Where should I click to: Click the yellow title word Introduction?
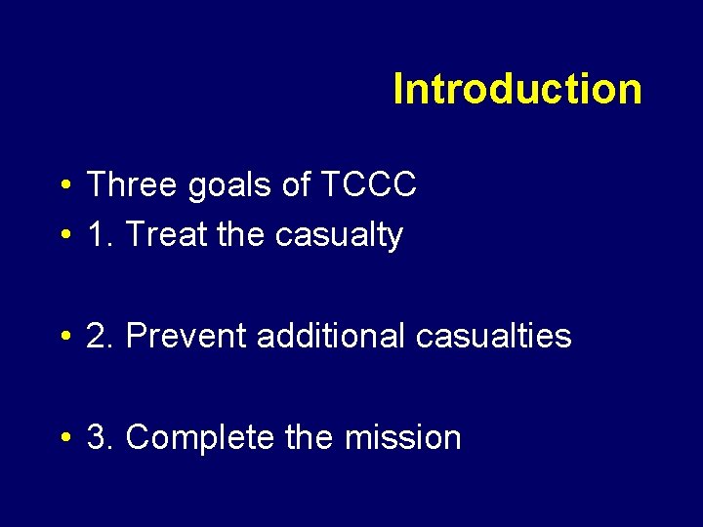[517, 89]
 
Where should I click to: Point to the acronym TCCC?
[367, 184]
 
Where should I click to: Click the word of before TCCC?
[296, 184]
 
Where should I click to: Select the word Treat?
[160, 234]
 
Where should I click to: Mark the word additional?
[331, 336]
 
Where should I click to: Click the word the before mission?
[310, 437]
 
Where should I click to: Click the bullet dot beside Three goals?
[63, 185]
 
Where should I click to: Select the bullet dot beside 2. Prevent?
[63, 337]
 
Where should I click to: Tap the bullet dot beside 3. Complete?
[63, 438]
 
